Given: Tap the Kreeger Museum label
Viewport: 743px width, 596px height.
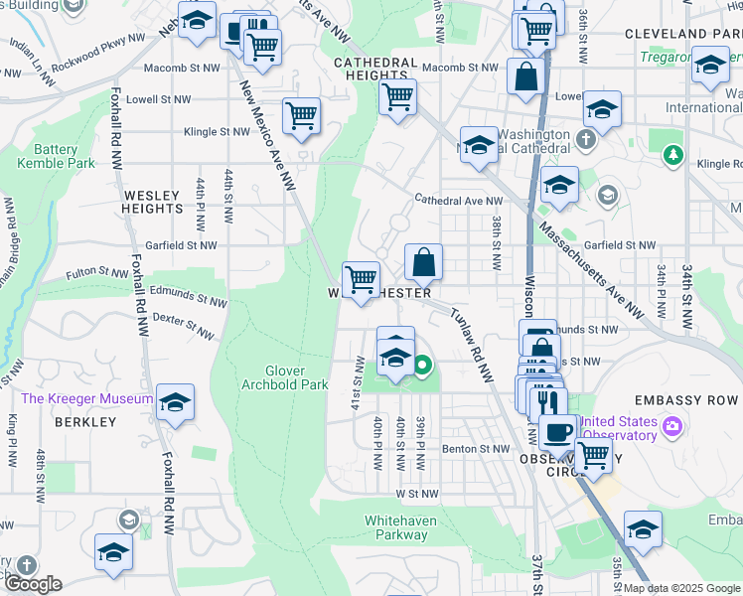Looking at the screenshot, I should click(x=87, y=399).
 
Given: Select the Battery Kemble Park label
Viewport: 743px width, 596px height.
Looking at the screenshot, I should click(x=56, y=156).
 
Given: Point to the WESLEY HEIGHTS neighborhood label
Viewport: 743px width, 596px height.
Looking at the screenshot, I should click(x=152, y=202).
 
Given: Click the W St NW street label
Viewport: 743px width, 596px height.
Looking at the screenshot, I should click(x=416, y=493).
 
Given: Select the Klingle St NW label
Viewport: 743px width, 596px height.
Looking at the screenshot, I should click(x=218, y=131).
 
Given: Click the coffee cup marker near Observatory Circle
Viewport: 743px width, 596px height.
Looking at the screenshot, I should click(x=558, y=430).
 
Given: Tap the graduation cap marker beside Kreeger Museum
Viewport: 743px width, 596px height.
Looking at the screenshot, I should click(x=175, y=401).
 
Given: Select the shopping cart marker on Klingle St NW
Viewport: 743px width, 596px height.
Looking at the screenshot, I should click(x=301, y=115).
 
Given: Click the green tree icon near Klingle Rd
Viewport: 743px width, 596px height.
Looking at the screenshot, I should click(x=674, y=154).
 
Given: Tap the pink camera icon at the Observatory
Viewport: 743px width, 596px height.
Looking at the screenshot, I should click(x=673, y=426).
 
